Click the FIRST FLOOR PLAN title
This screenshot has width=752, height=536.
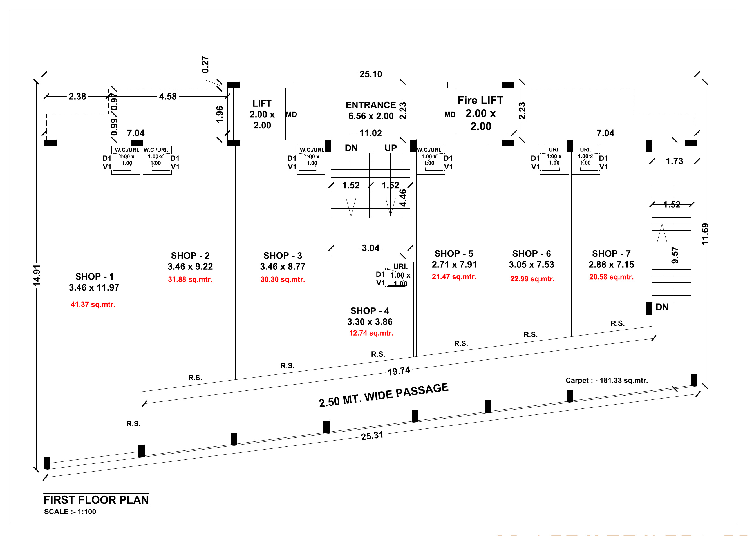[x=96, y=500]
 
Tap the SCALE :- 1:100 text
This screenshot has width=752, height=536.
[x=70, y=512]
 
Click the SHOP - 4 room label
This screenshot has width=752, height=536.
[x=370, y=311]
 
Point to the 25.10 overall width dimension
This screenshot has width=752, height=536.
[x=371, y=74]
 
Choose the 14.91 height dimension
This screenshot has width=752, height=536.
[x=37, y=275]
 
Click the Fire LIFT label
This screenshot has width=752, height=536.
[x=480, y=100]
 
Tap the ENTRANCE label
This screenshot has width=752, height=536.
[x=371, y=105]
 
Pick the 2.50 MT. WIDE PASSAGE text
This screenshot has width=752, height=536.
[x=383, y=395]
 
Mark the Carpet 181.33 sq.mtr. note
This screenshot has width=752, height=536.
[x=606, y=380]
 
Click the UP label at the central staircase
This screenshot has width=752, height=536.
[x=390, y=148]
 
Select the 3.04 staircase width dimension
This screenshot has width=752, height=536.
[x=371, y=248]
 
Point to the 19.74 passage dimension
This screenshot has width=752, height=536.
[x=399, y=371]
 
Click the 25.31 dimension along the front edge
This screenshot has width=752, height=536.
[x=372, y=436]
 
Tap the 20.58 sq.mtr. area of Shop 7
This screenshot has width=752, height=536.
[x=611, y=277]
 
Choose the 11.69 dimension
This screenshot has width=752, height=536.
[x=705, y=234]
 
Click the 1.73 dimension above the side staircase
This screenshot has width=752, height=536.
[x=674, y=161]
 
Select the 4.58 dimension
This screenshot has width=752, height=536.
[x=168, y=96]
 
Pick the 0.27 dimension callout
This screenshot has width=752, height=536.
[x=205, y=64]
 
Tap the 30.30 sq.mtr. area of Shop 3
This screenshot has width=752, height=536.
[x=283, y=279]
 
